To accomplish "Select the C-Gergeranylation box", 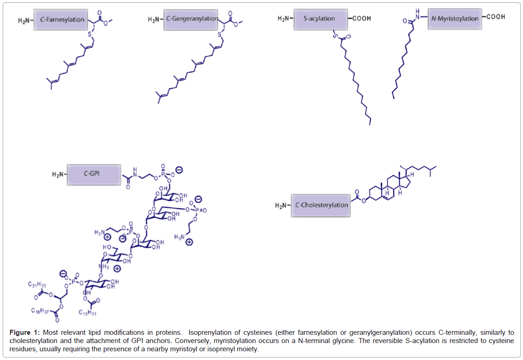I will [x=192, y=19].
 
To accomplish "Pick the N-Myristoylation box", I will [x=455, y=19].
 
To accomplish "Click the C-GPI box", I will [x=94, y=174].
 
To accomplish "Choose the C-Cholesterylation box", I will [x=321, y=205].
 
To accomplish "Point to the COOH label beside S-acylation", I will [x=360, y=19].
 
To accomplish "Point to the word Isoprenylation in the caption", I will [x=209, y=332].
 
